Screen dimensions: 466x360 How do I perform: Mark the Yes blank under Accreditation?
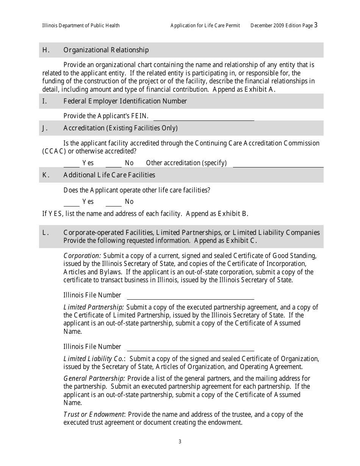(x=71, y=164)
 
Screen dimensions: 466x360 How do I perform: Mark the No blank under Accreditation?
(x=113, y=164)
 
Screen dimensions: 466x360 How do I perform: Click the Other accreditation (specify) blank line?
(x=278, y=164)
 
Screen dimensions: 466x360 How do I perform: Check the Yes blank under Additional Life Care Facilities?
(x=71, y=203)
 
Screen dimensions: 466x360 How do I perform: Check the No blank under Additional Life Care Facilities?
(x=113, y=203)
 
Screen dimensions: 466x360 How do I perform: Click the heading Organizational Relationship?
(x=106, y=50)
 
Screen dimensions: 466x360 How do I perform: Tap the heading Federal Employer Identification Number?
(x=125, y=101)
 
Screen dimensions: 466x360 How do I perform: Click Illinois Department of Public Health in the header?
(x=81, y=26)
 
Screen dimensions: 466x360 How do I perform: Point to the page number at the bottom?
(x=180, y=441)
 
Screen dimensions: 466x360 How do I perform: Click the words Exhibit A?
(x=260, y=89)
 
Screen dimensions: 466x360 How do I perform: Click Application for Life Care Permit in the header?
(x=205, y=26)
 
